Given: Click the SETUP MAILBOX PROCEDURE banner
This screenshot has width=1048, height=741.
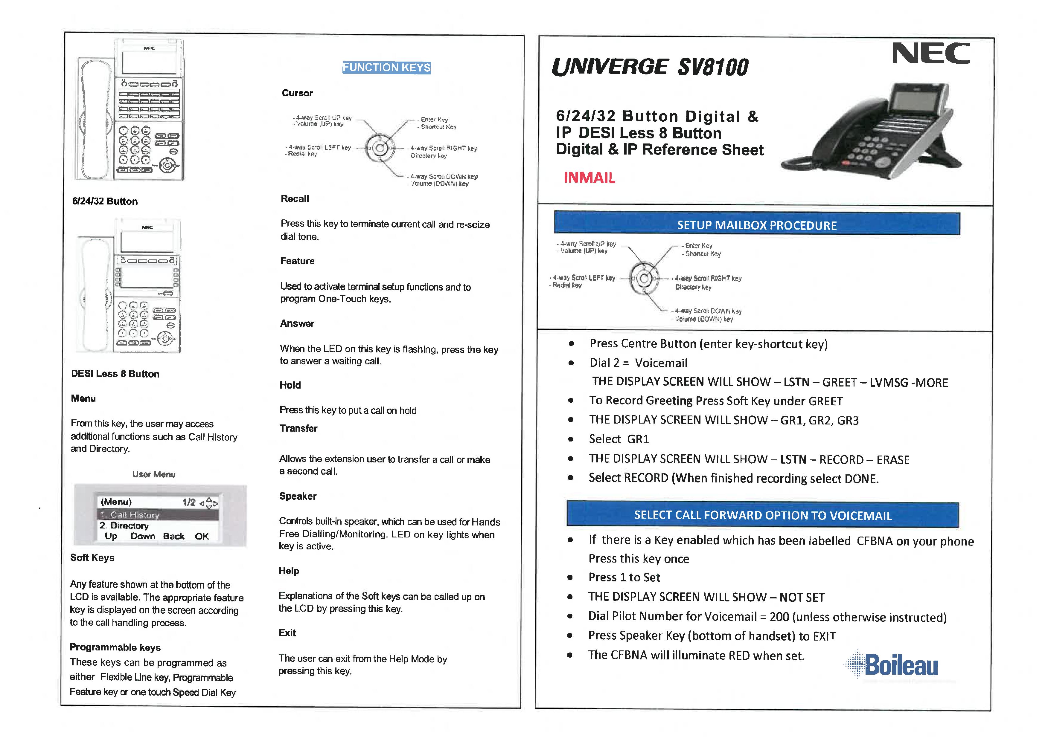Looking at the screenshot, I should point(756,225).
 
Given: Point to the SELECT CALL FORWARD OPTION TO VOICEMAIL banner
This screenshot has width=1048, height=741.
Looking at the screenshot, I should point(762,515).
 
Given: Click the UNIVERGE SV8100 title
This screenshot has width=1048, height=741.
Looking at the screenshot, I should point(650,67).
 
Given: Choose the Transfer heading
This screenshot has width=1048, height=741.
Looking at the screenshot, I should point(298,428).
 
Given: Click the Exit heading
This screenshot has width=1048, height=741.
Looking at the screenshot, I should point(287,632).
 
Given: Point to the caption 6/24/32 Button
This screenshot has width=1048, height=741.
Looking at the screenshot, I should point(105,201).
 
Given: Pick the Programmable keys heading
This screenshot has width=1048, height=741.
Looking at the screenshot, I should point(115,647).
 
